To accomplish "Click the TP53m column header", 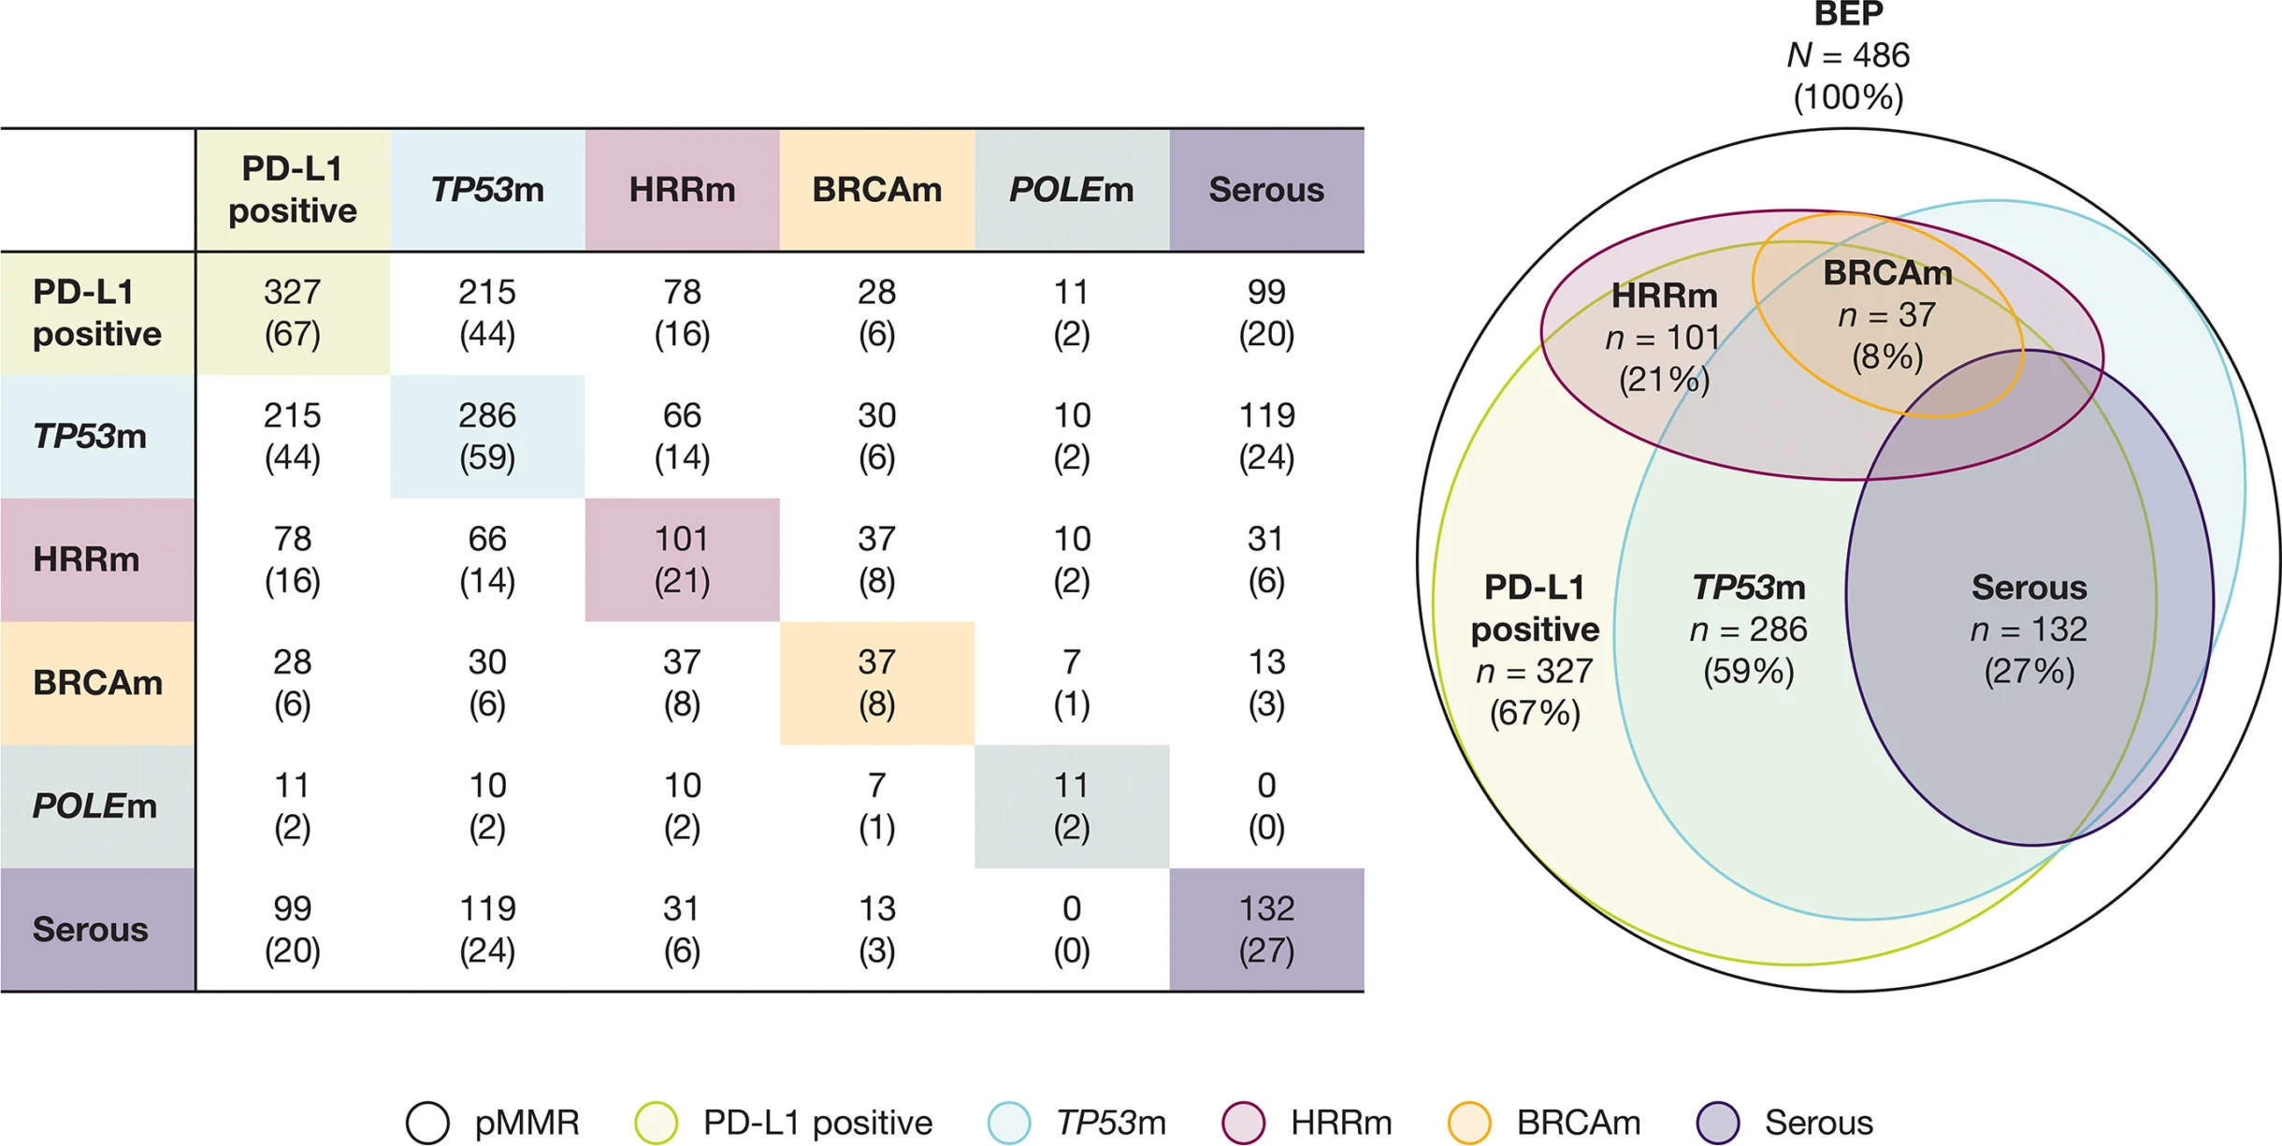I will click(x=487, y=190).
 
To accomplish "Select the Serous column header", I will click(x=1266, y=190).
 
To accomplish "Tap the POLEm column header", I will click(x=1071, y=190).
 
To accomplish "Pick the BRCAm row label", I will click(x=97, y=683).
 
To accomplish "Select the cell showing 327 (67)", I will click(x=293, y=312).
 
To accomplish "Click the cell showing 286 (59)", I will click(x=487, y=436).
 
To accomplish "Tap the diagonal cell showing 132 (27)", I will click(x=1266, y=929).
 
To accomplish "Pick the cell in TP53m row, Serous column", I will click(x=1266, y=436).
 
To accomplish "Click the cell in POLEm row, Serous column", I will click(x=1266, y=805).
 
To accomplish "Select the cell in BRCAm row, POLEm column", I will click(x=1071, y=683).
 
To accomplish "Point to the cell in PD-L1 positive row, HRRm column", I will click(x=682, y=312).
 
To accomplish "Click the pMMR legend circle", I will click(x=427, y=1122).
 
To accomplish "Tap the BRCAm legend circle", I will click(x=1469, y=1122).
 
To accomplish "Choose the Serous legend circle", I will click(x=1718, y=1122).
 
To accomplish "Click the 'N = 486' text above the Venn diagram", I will click(x=1848, y=56).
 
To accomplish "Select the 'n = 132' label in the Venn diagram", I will click(x=2029, y=630).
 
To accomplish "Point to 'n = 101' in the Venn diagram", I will click(x=1663, y=338).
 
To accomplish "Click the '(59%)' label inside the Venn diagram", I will click(x=1748, y=672).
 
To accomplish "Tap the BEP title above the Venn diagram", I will click(x=1848, y=15).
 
